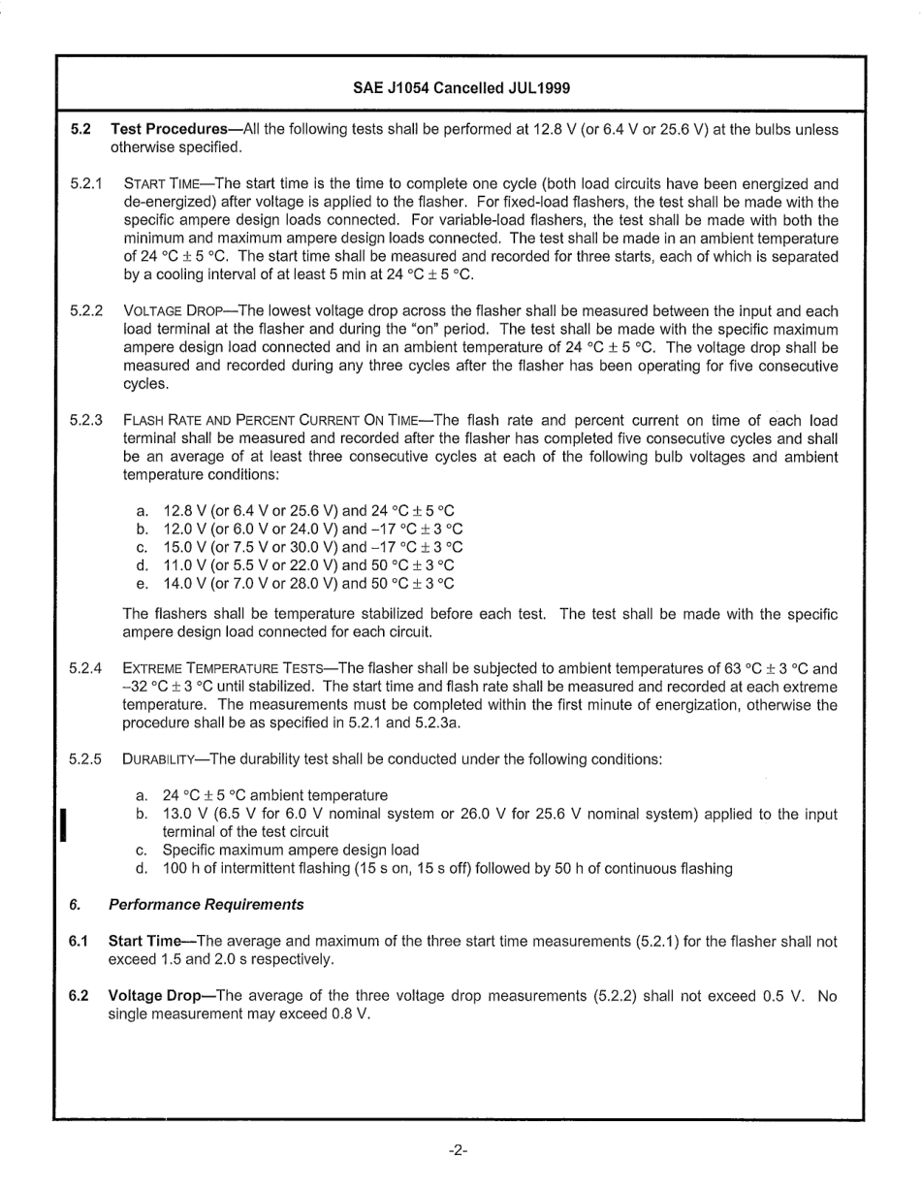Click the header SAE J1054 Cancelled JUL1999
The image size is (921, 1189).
pos(460,88)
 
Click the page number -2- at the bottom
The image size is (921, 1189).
pos(459,1150)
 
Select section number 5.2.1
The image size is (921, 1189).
pos(86,183)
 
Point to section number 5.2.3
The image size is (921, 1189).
pos(86,421)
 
